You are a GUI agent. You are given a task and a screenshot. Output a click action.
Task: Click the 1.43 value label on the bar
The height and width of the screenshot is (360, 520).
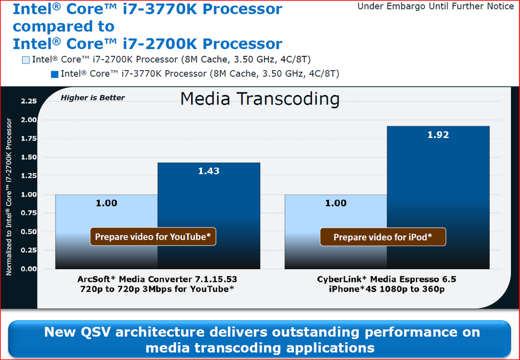209,171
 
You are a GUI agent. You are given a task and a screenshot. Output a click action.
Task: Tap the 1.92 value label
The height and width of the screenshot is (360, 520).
438,135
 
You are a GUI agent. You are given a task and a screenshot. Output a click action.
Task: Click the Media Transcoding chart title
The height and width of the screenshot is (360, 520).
260,99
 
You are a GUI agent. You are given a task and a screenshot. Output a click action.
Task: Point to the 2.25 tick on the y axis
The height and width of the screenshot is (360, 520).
29,101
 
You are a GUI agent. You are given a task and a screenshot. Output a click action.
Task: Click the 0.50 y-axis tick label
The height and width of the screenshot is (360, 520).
29,232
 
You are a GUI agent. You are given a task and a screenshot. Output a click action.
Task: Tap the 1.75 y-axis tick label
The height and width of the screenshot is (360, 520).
29,139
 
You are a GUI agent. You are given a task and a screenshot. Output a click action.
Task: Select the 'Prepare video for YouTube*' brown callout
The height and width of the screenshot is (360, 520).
153,237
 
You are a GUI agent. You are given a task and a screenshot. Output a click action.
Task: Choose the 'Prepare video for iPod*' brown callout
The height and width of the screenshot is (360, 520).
382,237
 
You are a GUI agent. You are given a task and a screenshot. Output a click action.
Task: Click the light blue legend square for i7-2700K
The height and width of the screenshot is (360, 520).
25,60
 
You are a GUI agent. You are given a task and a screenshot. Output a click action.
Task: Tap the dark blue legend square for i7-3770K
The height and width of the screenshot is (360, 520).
54,74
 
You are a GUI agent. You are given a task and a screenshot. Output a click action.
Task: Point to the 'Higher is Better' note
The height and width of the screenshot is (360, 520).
93,97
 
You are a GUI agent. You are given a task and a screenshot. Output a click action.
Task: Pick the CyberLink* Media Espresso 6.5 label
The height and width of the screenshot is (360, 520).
386,280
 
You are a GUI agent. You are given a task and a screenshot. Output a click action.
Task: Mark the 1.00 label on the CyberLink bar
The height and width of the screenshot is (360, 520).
336,203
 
